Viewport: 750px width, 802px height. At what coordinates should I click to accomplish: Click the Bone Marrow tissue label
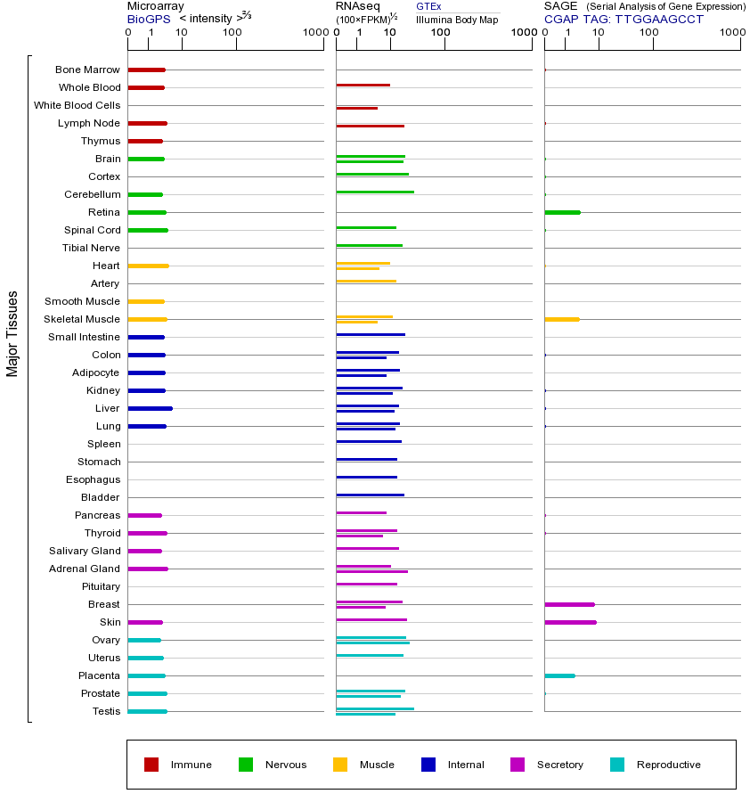click(87, 70)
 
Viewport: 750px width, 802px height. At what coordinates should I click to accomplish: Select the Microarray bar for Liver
click(150, 408)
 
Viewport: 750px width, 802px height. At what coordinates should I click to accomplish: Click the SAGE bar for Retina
click(562, 212)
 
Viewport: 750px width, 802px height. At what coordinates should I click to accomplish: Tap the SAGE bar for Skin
click(570, 622)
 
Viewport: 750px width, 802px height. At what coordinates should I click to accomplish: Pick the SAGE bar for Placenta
click(559, 675)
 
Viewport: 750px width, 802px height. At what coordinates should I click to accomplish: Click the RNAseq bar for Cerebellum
click(374, 192)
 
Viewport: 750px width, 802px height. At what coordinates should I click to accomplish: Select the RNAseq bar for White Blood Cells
click(356, 108)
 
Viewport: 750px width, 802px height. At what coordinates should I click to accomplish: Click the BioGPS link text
click(146, 19)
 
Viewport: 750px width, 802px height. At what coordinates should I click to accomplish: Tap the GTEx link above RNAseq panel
click(428, 6)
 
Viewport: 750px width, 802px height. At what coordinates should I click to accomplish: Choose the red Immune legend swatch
click(151, 765)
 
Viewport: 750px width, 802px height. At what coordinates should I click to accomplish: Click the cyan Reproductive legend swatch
click(617, 765)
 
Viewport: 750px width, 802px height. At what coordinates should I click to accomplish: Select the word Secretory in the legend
click(559, 765)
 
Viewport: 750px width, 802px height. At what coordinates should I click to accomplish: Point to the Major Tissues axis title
click(12, 333)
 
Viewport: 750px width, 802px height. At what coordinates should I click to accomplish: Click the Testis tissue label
click(106, 711)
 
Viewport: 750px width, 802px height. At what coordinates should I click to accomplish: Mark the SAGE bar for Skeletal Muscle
click(561, 319)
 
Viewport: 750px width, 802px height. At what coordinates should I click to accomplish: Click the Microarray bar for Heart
click(148, 266)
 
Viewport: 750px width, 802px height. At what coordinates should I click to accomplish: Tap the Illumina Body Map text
click(457, 19)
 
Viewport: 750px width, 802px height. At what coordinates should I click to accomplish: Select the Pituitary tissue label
click(101, 586)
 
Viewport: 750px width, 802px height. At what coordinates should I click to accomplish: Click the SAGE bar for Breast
click(569, 604)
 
